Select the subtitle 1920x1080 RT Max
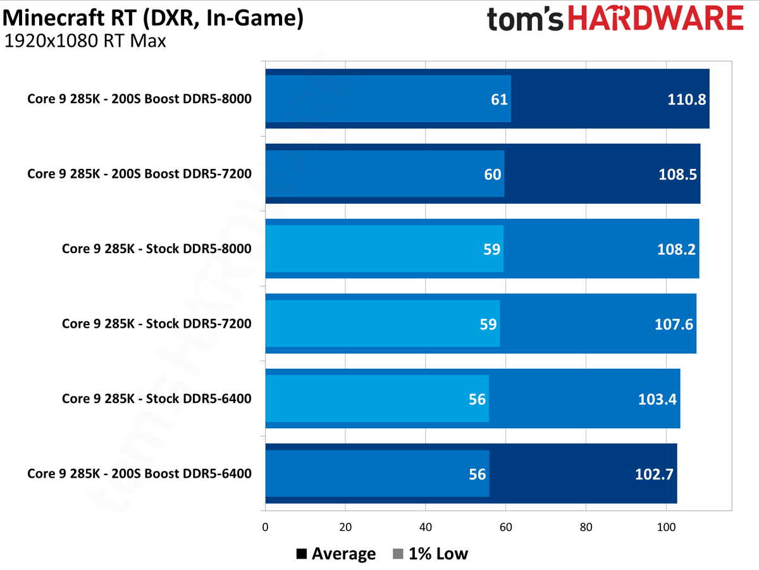[x=85, y=42]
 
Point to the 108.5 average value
[x=677, y=174]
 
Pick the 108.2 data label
[x=676, y=249]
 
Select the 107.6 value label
[x=674, y=324]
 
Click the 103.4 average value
[x=658, y=399]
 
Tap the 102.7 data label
[x=655, y=474]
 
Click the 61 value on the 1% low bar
[x=500, y=99]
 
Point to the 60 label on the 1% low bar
[x=493, y=174]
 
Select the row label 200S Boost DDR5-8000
[x=139, y=99]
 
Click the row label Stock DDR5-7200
[x=156, y=323]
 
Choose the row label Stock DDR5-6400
[x=156, y=399]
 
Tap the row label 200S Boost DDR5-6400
[x=139, y=473]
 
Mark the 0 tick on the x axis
[x=265, y=526]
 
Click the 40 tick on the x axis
[x=425, y=526]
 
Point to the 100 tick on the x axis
[x=665, y=526]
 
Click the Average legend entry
[x=336, y=554]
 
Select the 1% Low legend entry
[x=430, y=554]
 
